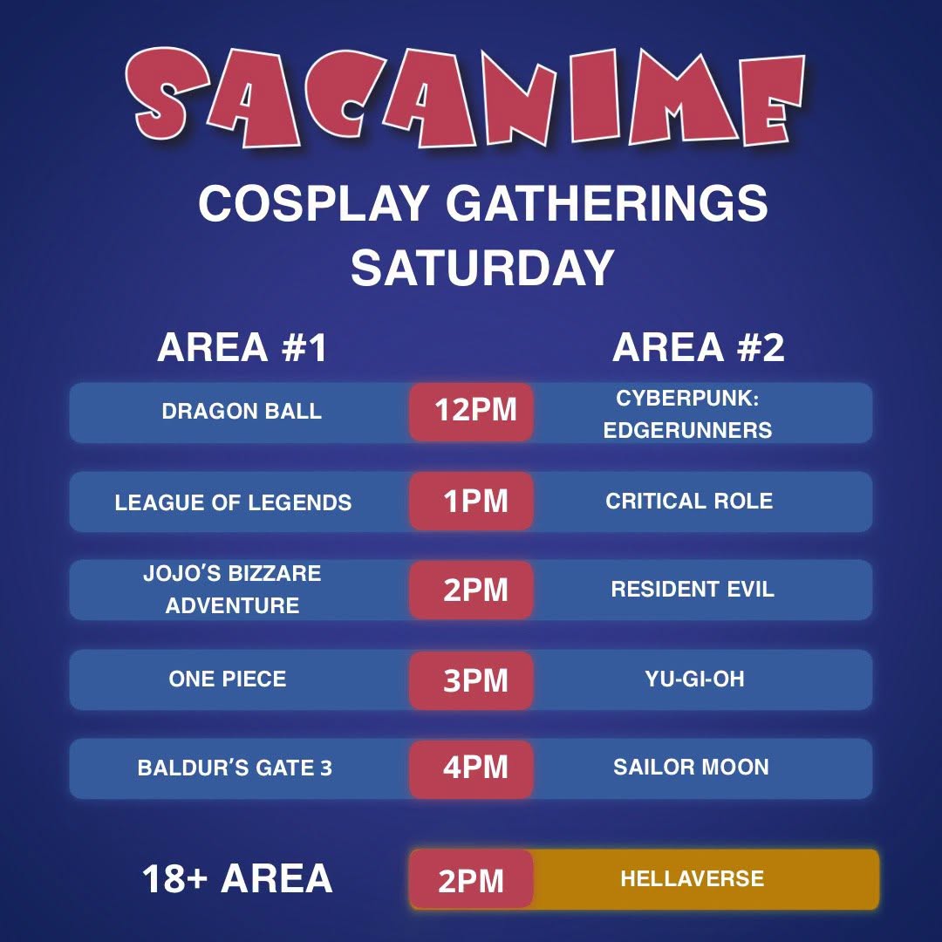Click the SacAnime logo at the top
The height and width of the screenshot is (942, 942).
465,98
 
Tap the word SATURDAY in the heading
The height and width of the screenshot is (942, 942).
482,268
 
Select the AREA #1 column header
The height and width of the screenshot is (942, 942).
242,347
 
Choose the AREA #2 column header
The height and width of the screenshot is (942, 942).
698,347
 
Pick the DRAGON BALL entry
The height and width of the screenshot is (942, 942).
242,412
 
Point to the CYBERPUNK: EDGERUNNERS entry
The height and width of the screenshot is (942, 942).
688,414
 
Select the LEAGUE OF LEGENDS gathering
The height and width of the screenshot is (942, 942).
233,502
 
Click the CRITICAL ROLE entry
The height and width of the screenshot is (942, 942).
689,501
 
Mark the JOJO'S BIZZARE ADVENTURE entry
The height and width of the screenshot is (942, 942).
232,590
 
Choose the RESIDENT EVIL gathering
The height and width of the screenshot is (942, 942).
693,590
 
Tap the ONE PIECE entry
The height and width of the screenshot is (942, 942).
228,679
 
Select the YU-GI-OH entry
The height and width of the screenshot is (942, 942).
694,679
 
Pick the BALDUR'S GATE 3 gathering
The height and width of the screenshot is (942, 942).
235,768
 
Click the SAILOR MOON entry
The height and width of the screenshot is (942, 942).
691,768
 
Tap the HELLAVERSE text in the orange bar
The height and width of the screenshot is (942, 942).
692,879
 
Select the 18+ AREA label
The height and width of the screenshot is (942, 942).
237,878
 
